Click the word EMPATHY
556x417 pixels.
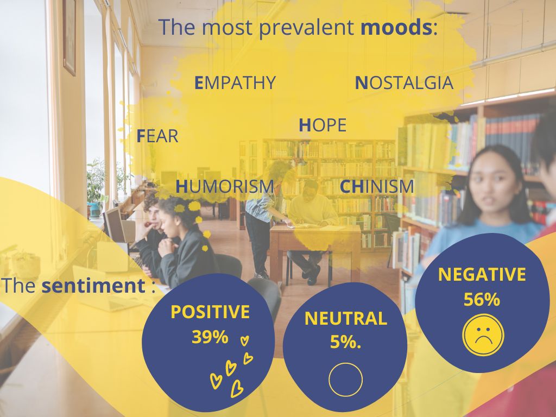click(235, 83)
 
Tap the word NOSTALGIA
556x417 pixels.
click(404, 83)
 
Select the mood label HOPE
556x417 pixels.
click(323, 125)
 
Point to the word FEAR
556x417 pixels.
click(157, 136)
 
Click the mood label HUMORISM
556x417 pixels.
click(225, 187)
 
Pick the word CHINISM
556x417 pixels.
click(377, 187)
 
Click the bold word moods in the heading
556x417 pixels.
click(396, 27)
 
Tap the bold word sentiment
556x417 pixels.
click(93, 286)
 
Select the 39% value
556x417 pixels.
click(210, 337)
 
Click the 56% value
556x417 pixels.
click(482, 300)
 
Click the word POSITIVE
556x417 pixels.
click(210, 312)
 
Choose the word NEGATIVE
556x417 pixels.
click(482, 274)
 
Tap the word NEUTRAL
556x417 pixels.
click(346, 318)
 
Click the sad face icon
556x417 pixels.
click(483, 335)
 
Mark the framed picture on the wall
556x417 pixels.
click(69, 37)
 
